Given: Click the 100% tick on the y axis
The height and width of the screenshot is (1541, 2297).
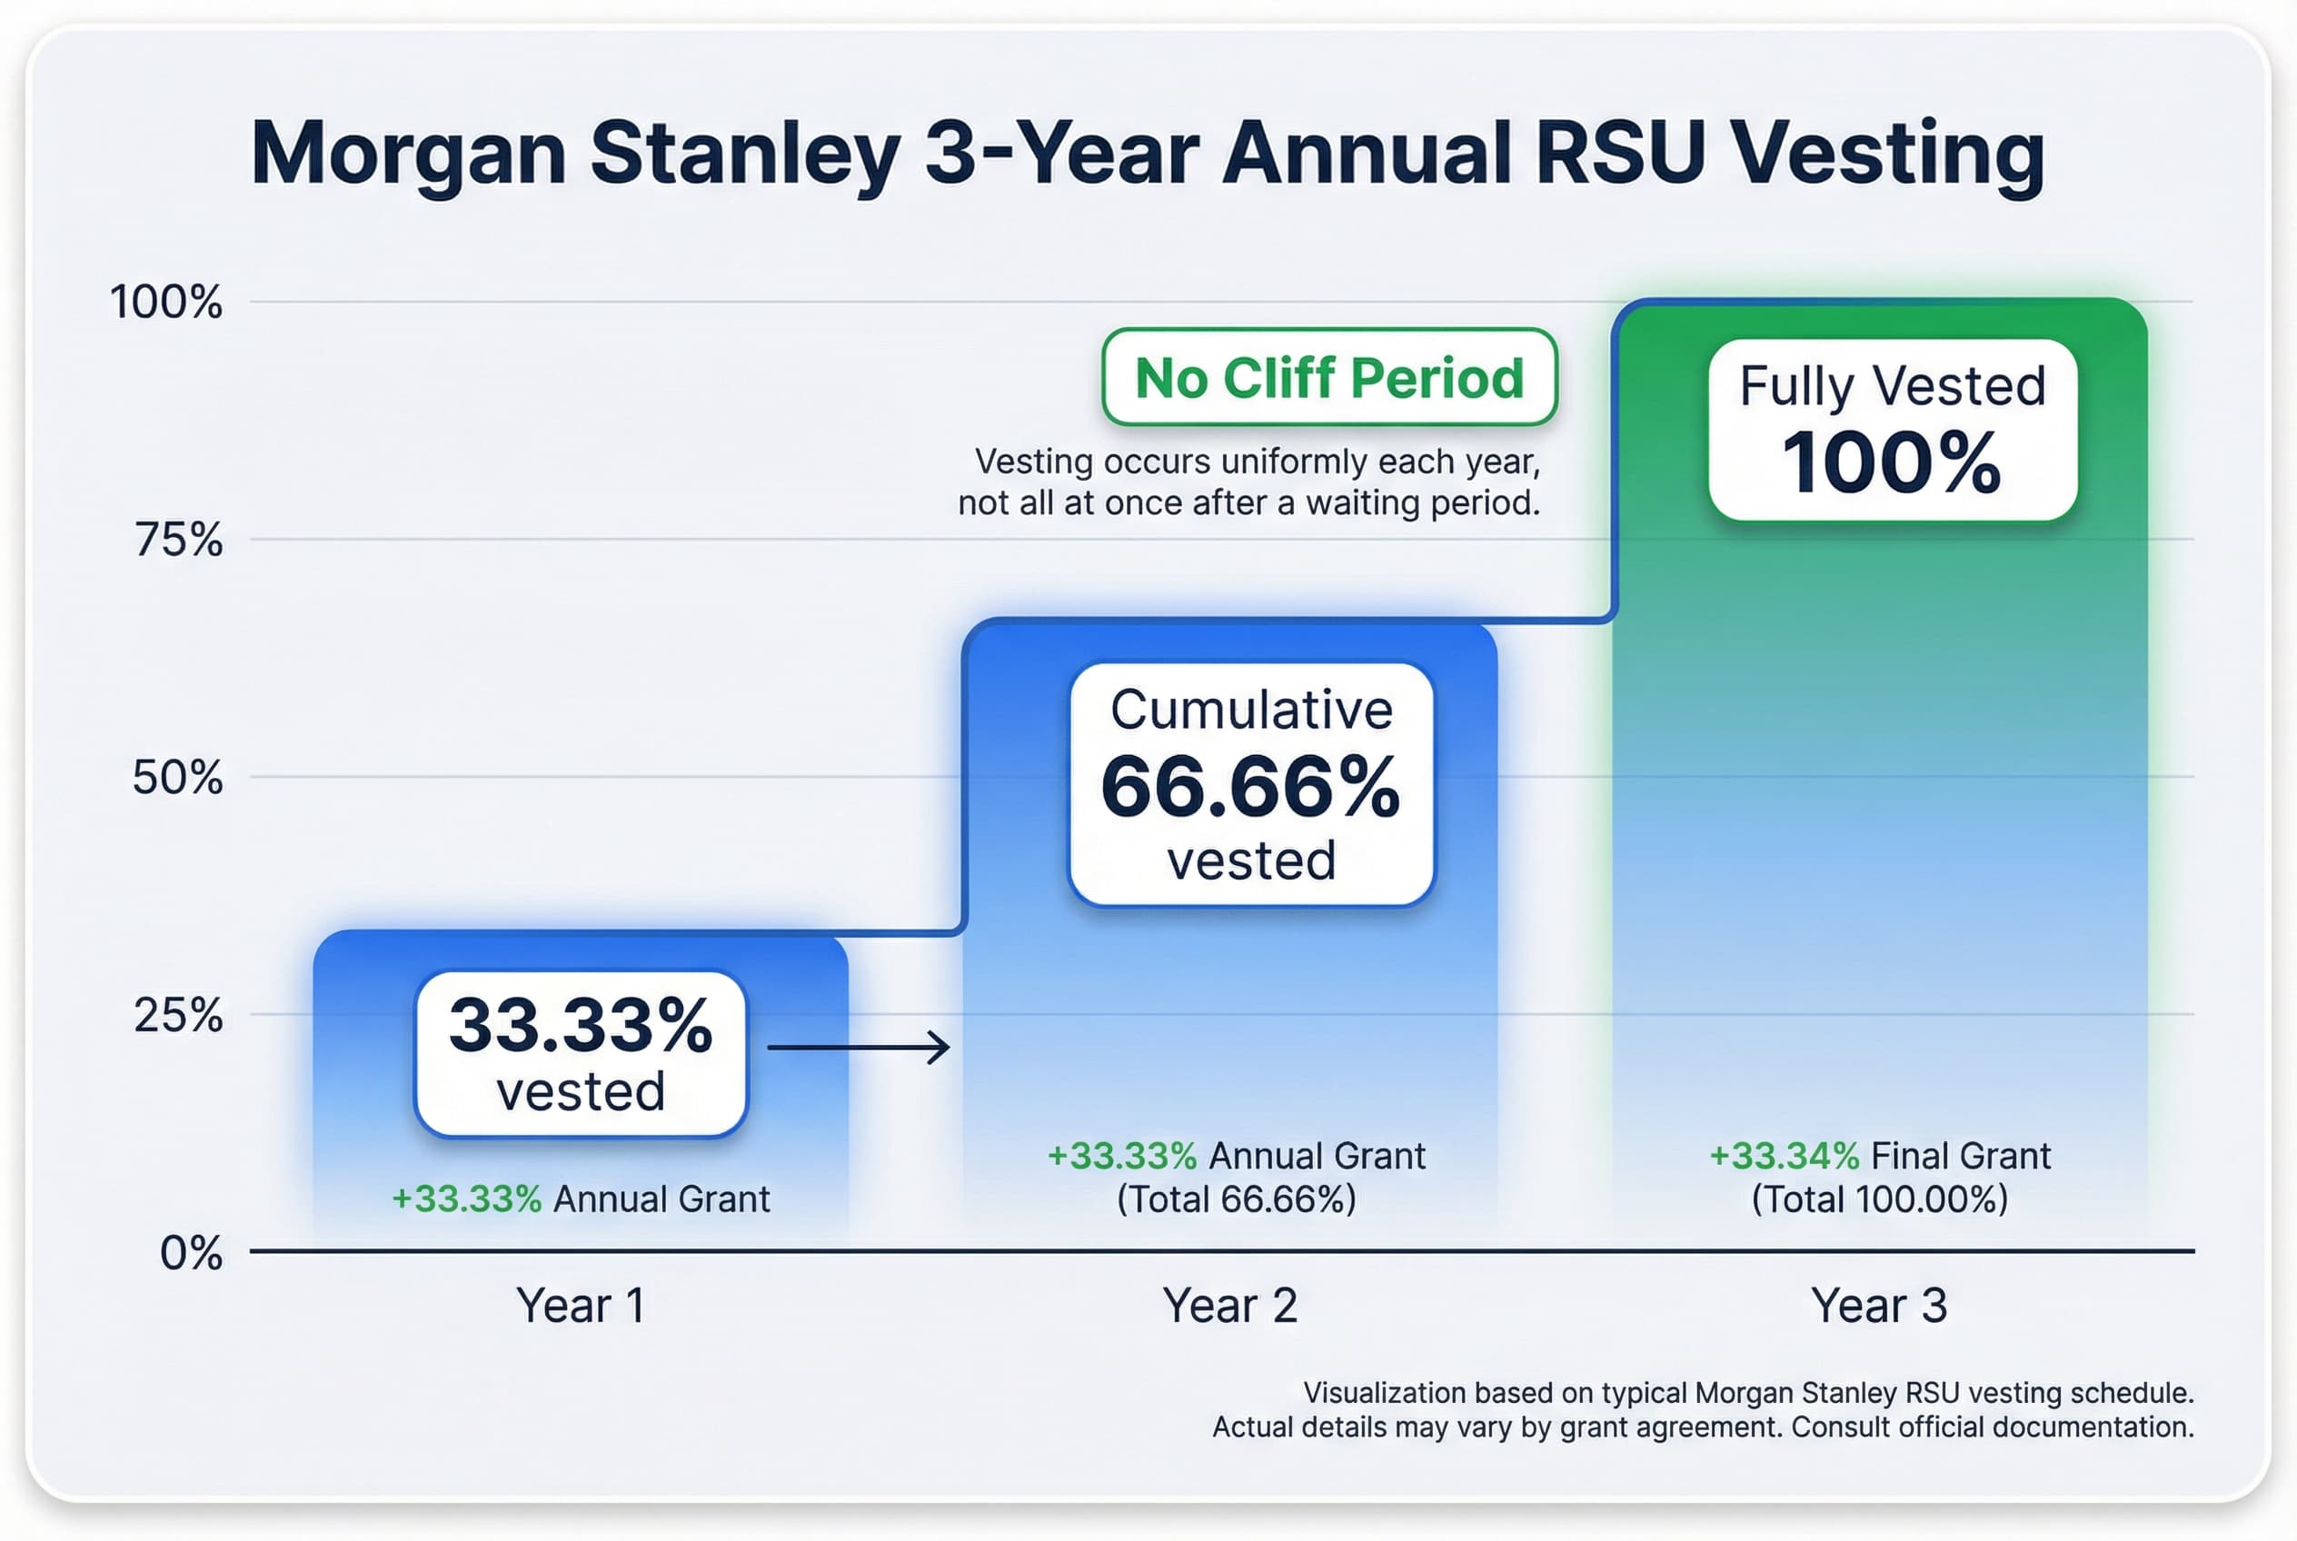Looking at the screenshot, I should [166, 302].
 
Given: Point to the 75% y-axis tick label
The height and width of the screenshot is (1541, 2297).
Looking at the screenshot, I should [179, 540].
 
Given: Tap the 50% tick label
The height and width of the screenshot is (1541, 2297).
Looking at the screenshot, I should [178, 778].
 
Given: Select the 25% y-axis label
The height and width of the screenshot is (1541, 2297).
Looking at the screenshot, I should [178, 1015].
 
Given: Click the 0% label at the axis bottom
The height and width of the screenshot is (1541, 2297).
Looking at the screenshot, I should [191, 1253].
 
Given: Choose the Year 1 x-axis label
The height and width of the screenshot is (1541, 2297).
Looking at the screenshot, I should [580, 1306].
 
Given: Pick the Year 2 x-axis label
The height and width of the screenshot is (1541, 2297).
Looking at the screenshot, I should [1229, 1306].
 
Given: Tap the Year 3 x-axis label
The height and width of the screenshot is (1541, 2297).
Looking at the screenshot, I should [1878, 1306].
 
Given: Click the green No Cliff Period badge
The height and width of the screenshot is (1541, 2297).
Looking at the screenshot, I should [1328, 377].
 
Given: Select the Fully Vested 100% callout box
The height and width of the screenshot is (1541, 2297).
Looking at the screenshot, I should [1892, 430].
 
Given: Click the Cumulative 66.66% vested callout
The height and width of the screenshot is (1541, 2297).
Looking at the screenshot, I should [1250, 784].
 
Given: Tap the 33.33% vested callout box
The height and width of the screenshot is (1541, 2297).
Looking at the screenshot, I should [581, 1054].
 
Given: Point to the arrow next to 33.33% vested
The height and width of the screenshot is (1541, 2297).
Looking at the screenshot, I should [858, 1048].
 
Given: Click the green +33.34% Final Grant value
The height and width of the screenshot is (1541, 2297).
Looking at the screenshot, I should [1784, 1156].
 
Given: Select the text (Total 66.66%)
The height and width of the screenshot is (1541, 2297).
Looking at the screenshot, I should [1237, 1199].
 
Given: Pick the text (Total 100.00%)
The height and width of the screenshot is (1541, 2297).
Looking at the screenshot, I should [1879, 1199].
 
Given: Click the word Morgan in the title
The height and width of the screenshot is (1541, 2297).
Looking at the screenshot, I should [408, 154].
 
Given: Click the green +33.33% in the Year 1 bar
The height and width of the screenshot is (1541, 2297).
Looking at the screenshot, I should [466, 1199].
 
